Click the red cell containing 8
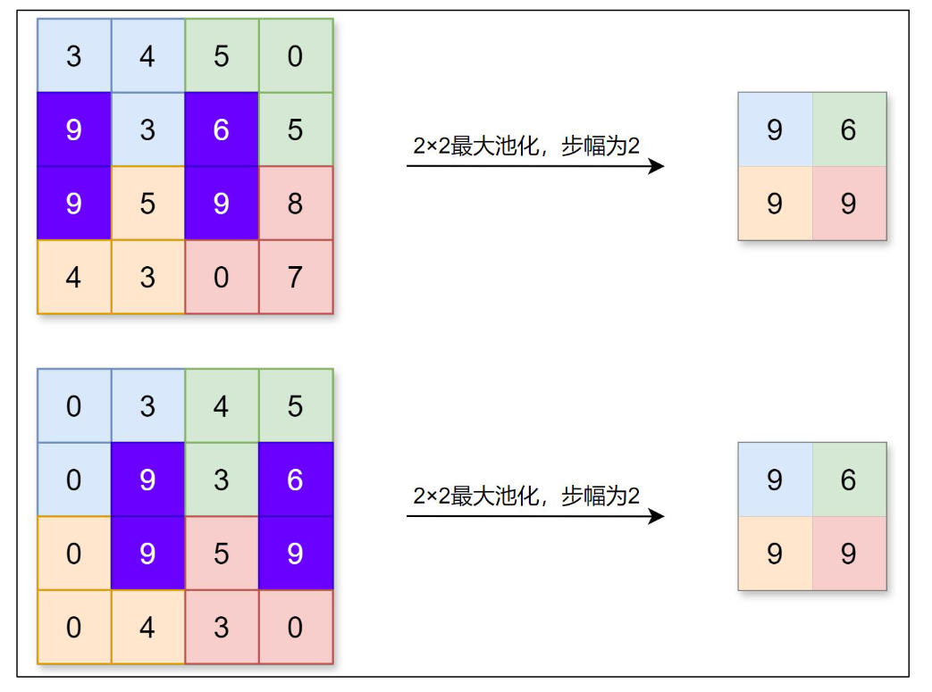pyautogui.click(x=296, y=204)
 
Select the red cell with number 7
pyautogui.click(x=296, y=277)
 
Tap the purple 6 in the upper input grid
pyautogui.click(x=222, y=129)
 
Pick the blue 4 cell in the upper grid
pyautogui.click(x=147, y=56)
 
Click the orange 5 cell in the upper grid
pyautogui.click(x=147, y=204)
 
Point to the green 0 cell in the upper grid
pyautogui.click(x=296, y=56)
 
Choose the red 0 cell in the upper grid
pyautogui.click(x=222, y=277)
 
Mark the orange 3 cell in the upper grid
pyautogui.click(x=147, y=277)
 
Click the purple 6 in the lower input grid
pyautogui.click(x=296, y=479)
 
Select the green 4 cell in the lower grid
pyautogui.click(x=222, y=406)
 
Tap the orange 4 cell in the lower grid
pyautogui.click(x=147, y=627)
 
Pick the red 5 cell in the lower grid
pyautogui.click(x=222, y=554)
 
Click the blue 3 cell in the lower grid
pyautogui.click(x=147, y=406)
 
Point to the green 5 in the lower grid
pyautogui.click(x=296, y=406)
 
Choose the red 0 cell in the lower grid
pyautogui.click(x=296, y=627)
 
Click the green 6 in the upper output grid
pyautogui.click(x=849, y=129)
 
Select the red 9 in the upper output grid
pyautogui.click(x=849, y=204)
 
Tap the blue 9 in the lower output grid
pyautogui.click(x=775, y=479)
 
